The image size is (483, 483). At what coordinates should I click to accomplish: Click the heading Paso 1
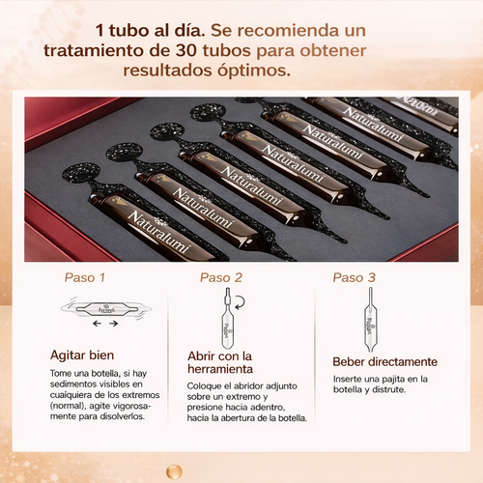pyautogui.click(x=85, y=277)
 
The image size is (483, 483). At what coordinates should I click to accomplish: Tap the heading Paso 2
pyautogui.click(x=221, y=277)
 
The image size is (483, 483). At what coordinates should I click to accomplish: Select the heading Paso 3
pyautogui.click(x=355, y=277)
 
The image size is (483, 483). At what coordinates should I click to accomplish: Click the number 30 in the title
pyautogui.click(x=186, y=50)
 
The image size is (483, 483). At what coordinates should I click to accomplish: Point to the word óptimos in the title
pyautogui.click(x=254, y=71)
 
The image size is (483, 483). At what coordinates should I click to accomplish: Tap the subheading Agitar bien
pyautogui.click(x=82, y=355)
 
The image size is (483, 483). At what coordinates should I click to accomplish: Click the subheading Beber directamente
pyautogui.click(x=385, y=361)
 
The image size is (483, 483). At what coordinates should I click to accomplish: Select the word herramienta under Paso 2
pyautogui.click(x=220, y=369)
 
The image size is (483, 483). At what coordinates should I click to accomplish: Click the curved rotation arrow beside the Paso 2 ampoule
pyautogui.click(x=240, y=302)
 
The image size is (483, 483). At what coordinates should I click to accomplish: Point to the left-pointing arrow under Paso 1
pyautogui.click(x=97, y=324)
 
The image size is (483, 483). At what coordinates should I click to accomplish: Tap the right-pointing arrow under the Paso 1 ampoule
pyautogui.click(x=113, y=324)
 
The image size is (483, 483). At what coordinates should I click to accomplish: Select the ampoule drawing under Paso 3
pyautogui.click(x=370, y=320)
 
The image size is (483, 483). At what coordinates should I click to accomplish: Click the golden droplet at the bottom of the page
pyautogui.click(x=174, y=471)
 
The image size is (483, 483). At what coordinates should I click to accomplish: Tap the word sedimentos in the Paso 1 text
pyautogui.click(x=73, y=384)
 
